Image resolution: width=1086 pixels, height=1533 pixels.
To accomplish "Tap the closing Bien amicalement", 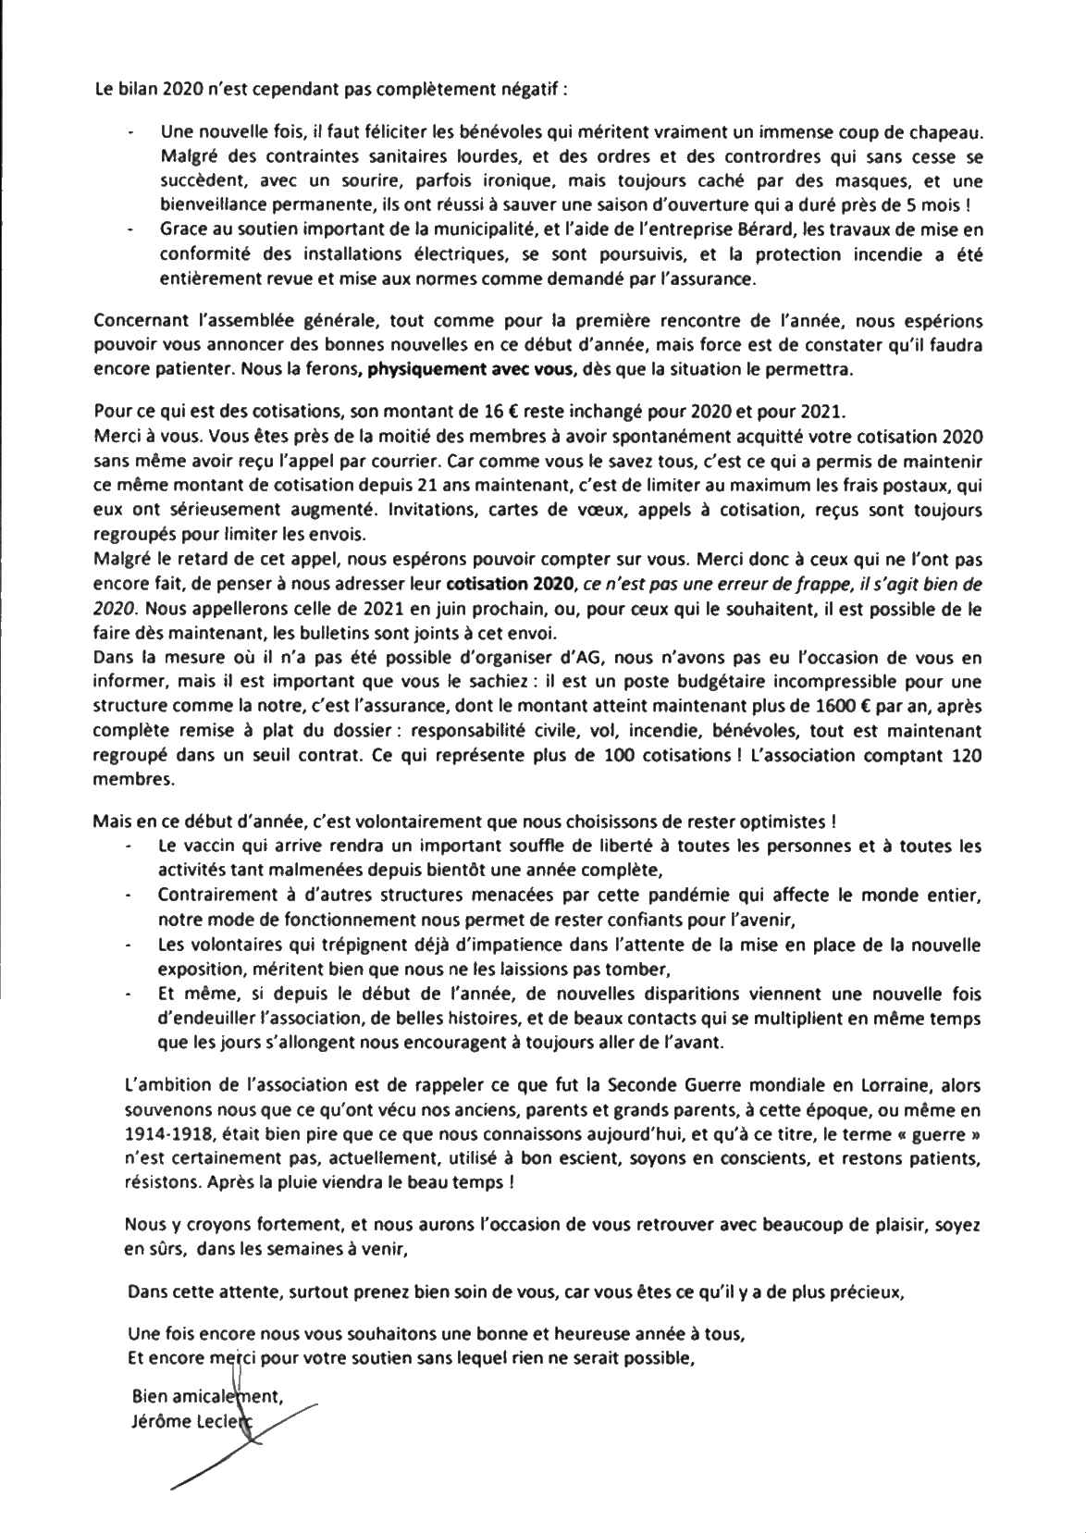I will [208, 1401].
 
